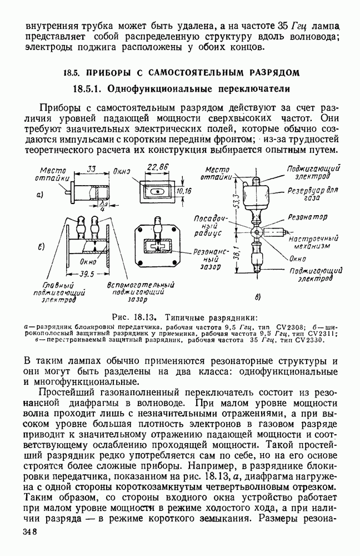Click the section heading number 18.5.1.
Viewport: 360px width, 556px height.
pyautogui.click(x=87, y=89)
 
